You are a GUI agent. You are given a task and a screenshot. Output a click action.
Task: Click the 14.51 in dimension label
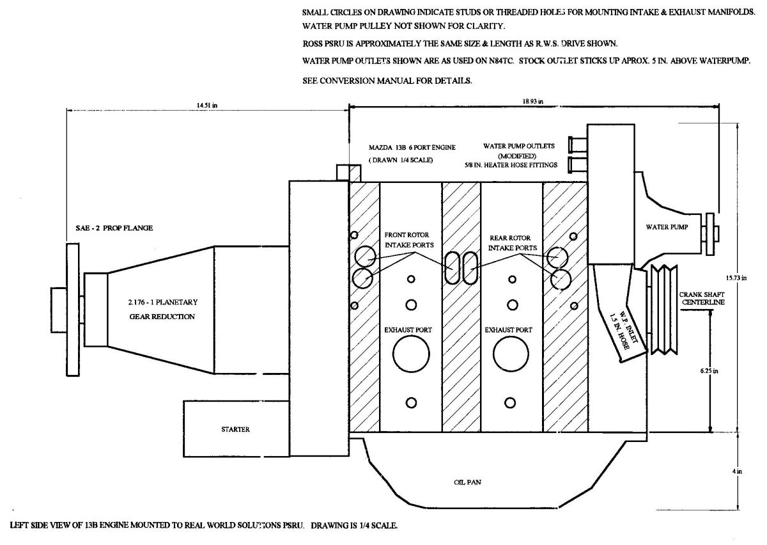click(207, 106)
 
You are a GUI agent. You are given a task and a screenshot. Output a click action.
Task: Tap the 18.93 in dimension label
click(533, 102)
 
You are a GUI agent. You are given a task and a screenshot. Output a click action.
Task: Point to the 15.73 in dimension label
click(736, 278)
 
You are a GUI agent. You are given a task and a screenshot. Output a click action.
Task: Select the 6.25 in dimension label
click(709, 371)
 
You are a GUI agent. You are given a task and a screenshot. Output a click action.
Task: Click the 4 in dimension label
click(737, 471)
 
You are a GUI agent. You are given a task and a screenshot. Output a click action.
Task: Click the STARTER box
click(236, 429)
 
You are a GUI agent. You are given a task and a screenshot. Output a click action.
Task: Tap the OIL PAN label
click(467, 482)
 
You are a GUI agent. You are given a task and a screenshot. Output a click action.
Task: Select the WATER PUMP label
click(667, 227)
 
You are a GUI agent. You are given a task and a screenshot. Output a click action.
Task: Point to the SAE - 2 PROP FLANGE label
click(114, 228)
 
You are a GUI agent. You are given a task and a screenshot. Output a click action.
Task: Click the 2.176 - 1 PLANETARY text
click(163, 303)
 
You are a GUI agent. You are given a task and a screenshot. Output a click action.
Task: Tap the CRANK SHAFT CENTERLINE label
click(702, 298)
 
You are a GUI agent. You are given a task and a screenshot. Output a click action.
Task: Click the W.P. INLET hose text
click(623, 332)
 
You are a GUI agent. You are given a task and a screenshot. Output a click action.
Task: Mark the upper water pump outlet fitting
click(578, 144)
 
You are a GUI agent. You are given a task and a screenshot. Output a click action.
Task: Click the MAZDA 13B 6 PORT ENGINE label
click(412, 147)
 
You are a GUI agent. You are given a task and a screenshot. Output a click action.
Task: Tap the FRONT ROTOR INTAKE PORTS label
click(409, 240)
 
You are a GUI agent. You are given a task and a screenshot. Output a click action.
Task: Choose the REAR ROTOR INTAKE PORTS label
click(512, 242)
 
